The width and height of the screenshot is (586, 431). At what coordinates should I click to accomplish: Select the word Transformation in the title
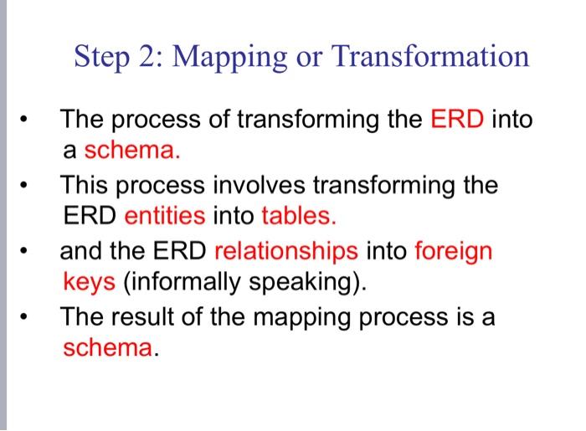click(431, 57)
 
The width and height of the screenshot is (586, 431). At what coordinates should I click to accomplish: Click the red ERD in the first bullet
click(458, 120)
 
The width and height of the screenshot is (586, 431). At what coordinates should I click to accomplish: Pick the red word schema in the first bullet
click(130, 151)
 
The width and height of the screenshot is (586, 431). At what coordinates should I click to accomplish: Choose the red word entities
click(164, 217)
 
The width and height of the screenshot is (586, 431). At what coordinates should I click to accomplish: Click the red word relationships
click(286, 250)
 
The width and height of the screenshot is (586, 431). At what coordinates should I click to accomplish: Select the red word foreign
click(454, 250)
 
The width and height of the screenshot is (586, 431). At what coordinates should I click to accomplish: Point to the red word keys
click(90, 282)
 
